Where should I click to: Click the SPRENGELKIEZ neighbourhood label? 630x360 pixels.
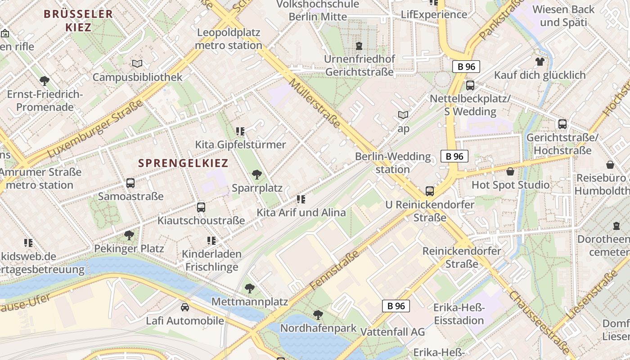(183, 163)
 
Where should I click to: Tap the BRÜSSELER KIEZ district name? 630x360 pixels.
(78, 20)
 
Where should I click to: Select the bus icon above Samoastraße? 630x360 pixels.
(130, 183)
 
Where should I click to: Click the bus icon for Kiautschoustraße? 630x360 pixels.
(201, 207)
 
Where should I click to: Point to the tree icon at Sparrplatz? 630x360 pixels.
(257, 175)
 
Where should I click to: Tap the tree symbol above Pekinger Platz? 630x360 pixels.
(129, 235)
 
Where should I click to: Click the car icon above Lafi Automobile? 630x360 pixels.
(184, 307)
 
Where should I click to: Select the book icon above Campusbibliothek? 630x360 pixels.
(137, 64)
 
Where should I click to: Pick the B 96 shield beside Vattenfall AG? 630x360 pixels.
(396, 306)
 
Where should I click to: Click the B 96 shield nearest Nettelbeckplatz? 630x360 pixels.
(466, 67)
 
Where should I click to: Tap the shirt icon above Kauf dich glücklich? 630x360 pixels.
(540, 61)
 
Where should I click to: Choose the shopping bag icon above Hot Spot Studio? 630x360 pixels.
(510, 171)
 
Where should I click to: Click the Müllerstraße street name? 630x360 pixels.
(315, 103)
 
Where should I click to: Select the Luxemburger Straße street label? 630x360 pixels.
(94, 129)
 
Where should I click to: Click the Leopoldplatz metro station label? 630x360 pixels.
(229, 39)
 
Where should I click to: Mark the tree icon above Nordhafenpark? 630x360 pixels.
(318, 315)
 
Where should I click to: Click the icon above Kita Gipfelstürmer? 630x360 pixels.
(240, 131)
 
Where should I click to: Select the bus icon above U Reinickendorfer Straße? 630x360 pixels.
(430, 191)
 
